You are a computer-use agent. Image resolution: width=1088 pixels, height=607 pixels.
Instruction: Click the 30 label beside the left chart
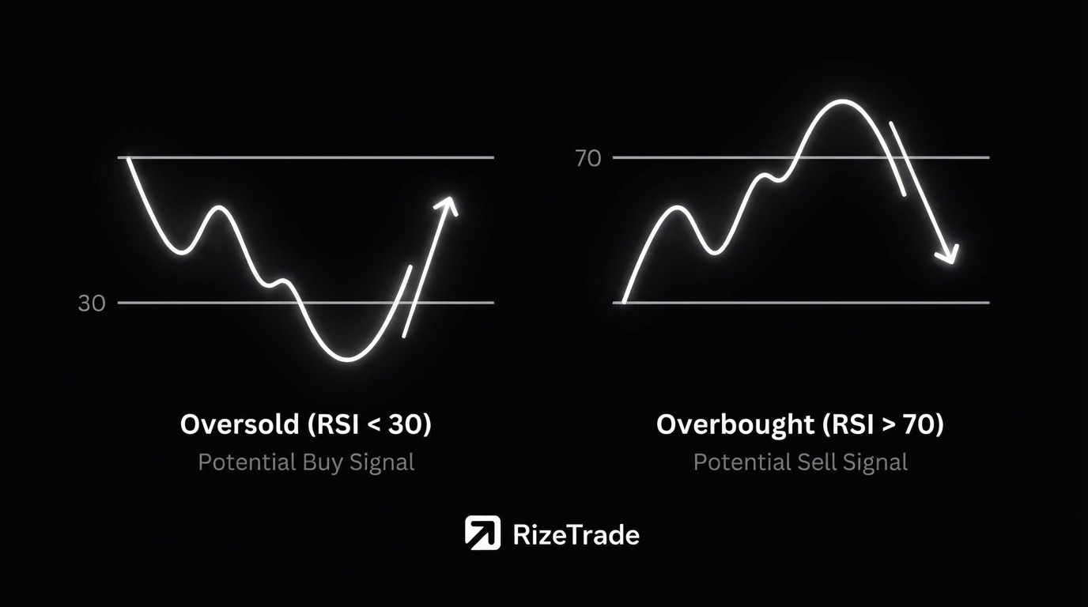pos(92,303)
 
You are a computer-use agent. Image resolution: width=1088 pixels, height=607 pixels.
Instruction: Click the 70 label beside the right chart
pos(588,158)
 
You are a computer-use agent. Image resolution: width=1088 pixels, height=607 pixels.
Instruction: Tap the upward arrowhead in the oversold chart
pos(448,205)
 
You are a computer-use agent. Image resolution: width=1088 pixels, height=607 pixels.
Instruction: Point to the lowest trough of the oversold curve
pos(348,360)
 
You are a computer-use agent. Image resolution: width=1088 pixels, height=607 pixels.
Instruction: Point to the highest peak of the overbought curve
pos(842,102)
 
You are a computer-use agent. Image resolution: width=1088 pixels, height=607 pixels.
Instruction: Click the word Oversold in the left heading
pos(240,424)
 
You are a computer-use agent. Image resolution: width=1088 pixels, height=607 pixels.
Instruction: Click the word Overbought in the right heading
pos(735,424)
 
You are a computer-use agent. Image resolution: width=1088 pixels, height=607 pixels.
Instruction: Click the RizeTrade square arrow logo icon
pos(482,533)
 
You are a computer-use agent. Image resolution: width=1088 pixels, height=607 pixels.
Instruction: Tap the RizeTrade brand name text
pos(576,535)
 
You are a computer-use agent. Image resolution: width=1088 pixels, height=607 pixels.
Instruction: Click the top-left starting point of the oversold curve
pos(128,158)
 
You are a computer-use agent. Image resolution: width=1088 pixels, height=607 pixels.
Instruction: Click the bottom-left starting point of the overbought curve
pos(624,302)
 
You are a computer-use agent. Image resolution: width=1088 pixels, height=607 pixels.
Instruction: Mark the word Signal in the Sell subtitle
pos(875,462)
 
